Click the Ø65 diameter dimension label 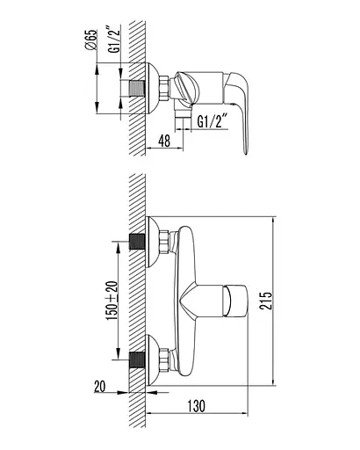[91, 40]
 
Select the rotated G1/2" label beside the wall [114, 40]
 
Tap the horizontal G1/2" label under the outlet [212, 120]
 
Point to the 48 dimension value [164, 142]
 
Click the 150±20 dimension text [112, 301]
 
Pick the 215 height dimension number [266, 301]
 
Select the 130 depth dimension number [197, 406]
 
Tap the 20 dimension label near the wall [100, 386]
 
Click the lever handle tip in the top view [246, 152]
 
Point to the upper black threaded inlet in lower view [137, 242]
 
